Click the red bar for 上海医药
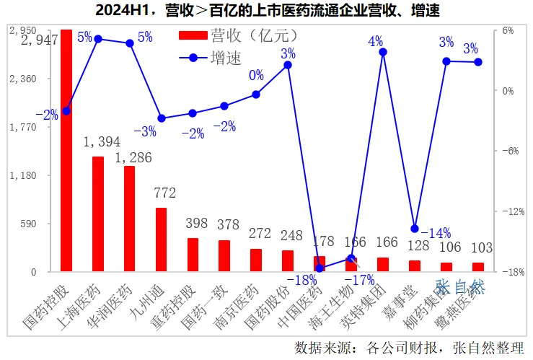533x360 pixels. (x=98, y=214)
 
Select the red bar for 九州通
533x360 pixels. (x=162, y=240)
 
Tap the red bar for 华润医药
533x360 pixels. (x=130, y=219)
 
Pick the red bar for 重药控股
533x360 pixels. (x=193, y=255)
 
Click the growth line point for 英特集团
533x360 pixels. (x=383, y=52)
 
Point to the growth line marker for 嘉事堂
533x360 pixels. (x=415, y=229)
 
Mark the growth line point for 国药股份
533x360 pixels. (x=288, y=64)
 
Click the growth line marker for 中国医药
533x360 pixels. (x=320, y=268)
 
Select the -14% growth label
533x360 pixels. (x=435, y=233)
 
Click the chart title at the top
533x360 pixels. (x=266, y=10)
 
